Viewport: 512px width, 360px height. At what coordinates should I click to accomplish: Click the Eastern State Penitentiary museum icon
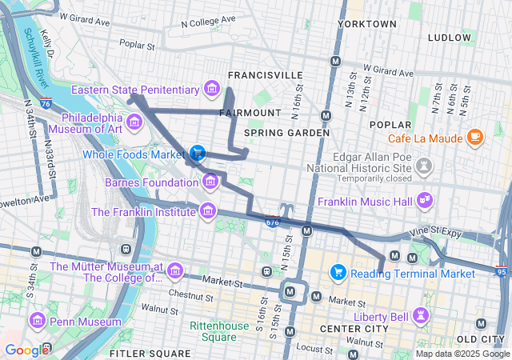tap(212, 87)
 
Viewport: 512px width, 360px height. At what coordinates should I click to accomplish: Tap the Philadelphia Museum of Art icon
tap(134, 122)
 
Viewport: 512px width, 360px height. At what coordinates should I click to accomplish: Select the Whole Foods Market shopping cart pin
tap(197, 152)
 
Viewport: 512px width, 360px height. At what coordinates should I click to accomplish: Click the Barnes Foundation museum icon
tap(210, 182)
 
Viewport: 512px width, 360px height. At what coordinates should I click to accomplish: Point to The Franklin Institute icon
tap(208, 211)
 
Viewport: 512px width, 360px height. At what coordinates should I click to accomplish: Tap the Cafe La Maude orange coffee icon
tap(475, 137)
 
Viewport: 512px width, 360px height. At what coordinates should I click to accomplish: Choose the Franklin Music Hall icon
tap(424, 200)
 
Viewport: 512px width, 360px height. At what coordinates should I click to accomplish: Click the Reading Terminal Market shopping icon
tap(338, 273)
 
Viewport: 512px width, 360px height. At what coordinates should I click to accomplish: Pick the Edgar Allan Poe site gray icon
tap(425, 166)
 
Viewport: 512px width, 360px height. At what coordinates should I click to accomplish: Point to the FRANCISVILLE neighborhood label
tap(265, 75)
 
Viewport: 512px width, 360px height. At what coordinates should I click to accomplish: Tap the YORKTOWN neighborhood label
tap(366, 25)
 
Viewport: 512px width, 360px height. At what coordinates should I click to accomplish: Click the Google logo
tap(26, 350)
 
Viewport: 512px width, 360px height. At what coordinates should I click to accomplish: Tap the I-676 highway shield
tap(274, 222)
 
